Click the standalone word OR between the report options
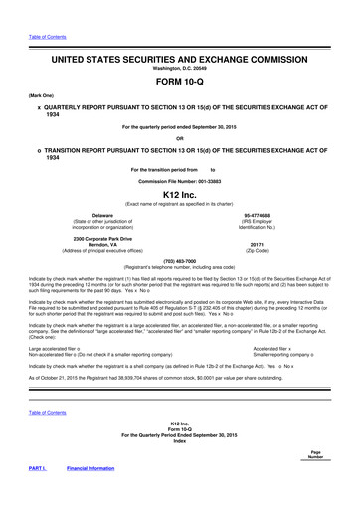[179, 137]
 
